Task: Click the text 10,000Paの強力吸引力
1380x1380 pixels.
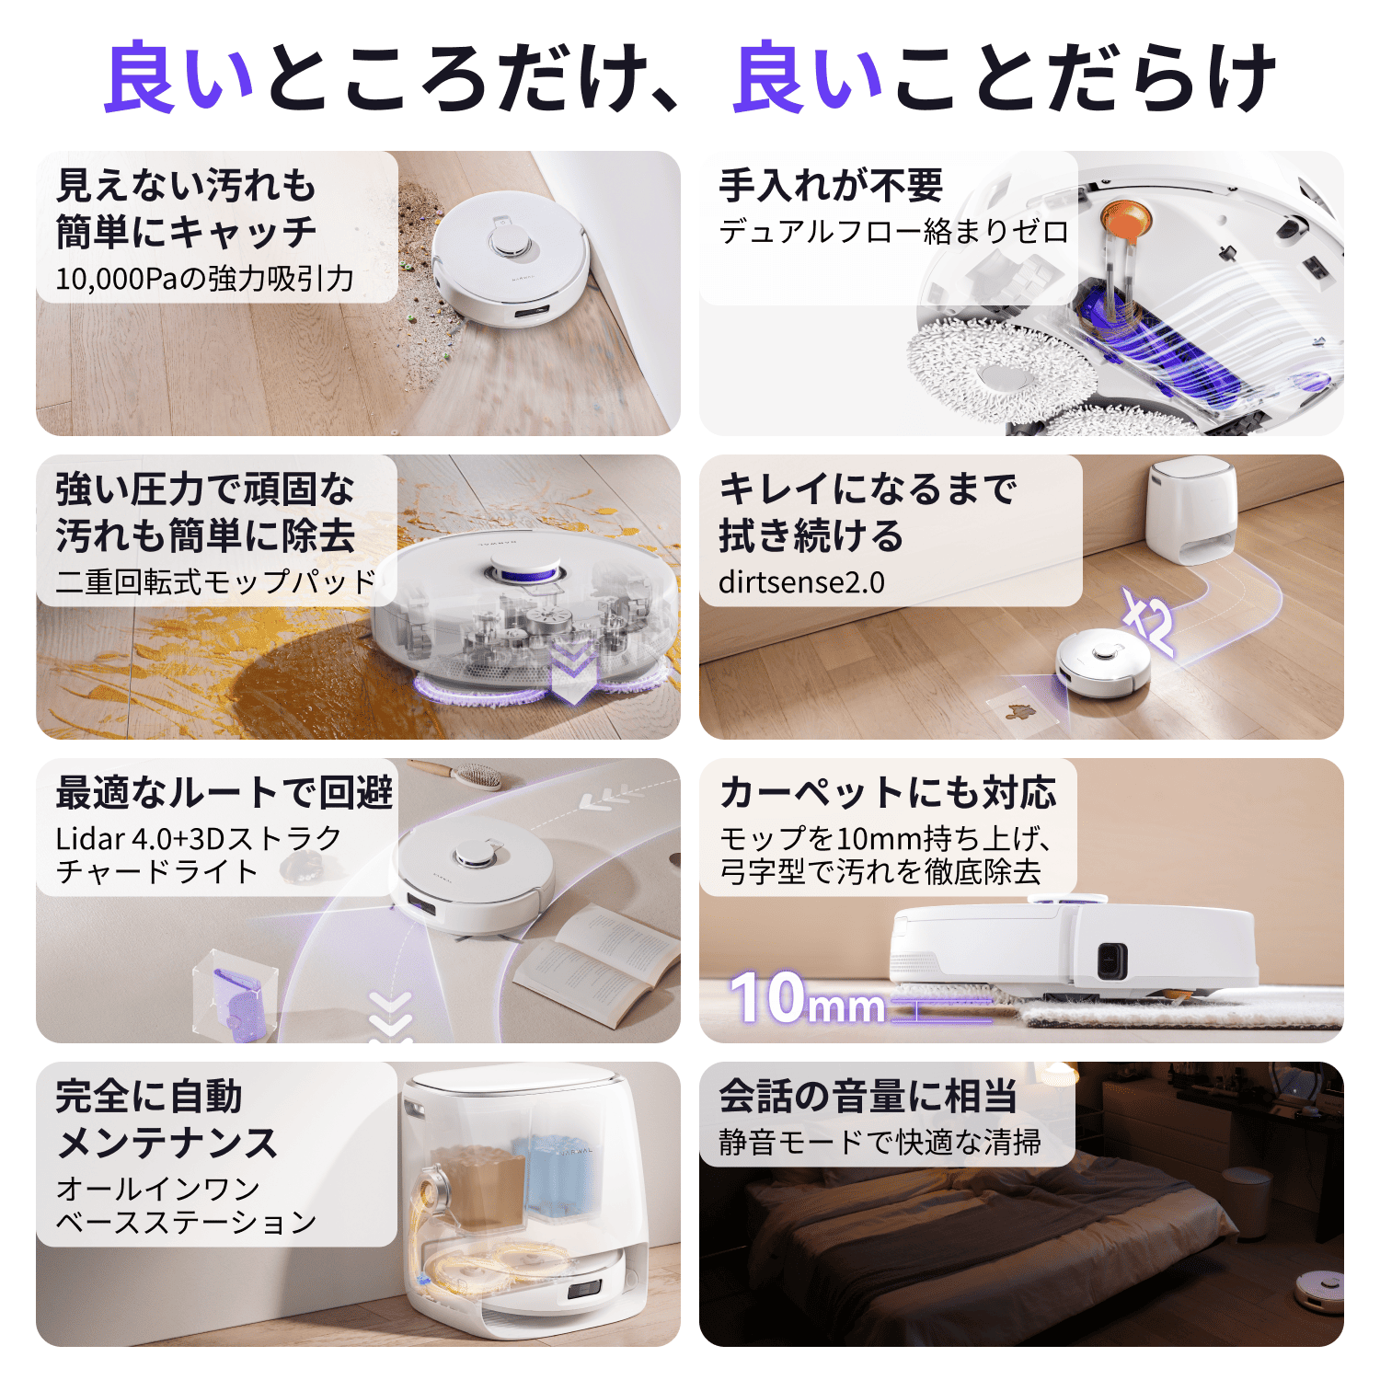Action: point(204,278)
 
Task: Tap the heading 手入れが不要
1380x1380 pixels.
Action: point(831,186)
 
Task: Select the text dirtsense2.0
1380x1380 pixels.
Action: point(801,582)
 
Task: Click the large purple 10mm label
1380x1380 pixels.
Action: point(808,999)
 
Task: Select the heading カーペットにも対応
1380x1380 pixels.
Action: point(888,792)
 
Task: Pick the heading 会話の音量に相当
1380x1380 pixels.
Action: point(868,1097)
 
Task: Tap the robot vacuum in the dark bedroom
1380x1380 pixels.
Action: point(1318,1287)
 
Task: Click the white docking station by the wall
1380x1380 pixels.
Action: point(1192,511)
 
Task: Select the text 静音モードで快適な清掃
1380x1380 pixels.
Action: point(880,1143)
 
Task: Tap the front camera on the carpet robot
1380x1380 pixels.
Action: point(1111,961)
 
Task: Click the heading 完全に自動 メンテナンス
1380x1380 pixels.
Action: point(167,1120)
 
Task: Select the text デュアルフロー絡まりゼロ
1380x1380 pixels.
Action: point(893,231)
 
